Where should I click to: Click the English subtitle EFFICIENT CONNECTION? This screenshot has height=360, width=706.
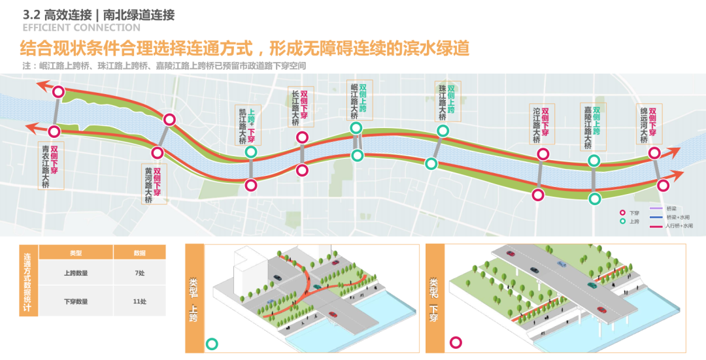[x=81, y=28]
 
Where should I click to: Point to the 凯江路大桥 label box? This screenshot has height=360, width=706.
[x=248, y=124]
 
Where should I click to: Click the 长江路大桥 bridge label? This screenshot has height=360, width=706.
[x=301, y=107]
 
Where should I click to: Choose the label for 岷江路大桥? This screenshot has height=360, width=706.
[x=359, y=101]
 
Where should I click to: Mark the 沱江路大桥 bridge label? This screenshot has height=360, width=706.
[x=541, y=123]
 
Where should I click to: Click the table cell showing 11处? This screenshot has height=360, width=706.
[x=139, y=302]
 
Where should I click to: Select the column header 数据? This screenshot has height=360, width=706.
[x=139, y=253]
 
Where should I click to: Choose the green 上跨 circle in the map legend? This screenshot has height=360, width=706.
[x=624, y=221]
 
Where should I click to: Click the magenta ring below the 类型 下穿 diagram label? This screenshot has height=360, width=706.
[x=456, y=342]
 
